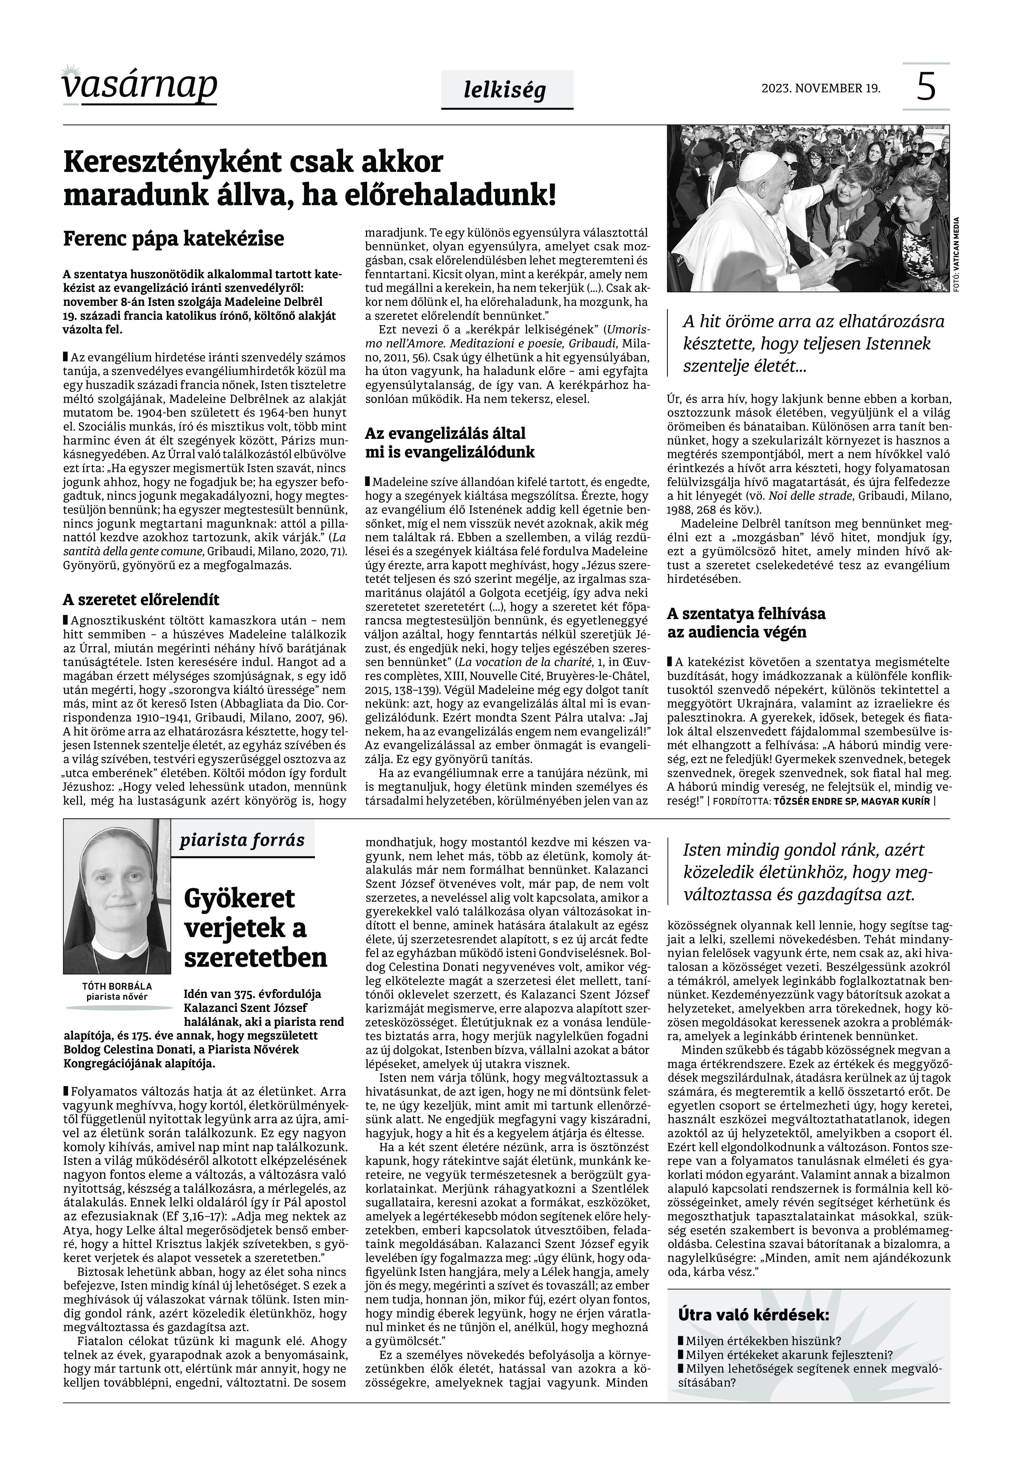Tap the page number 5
click(926, 87)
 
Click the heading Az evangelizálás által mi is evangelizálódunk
click(449, 442)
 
